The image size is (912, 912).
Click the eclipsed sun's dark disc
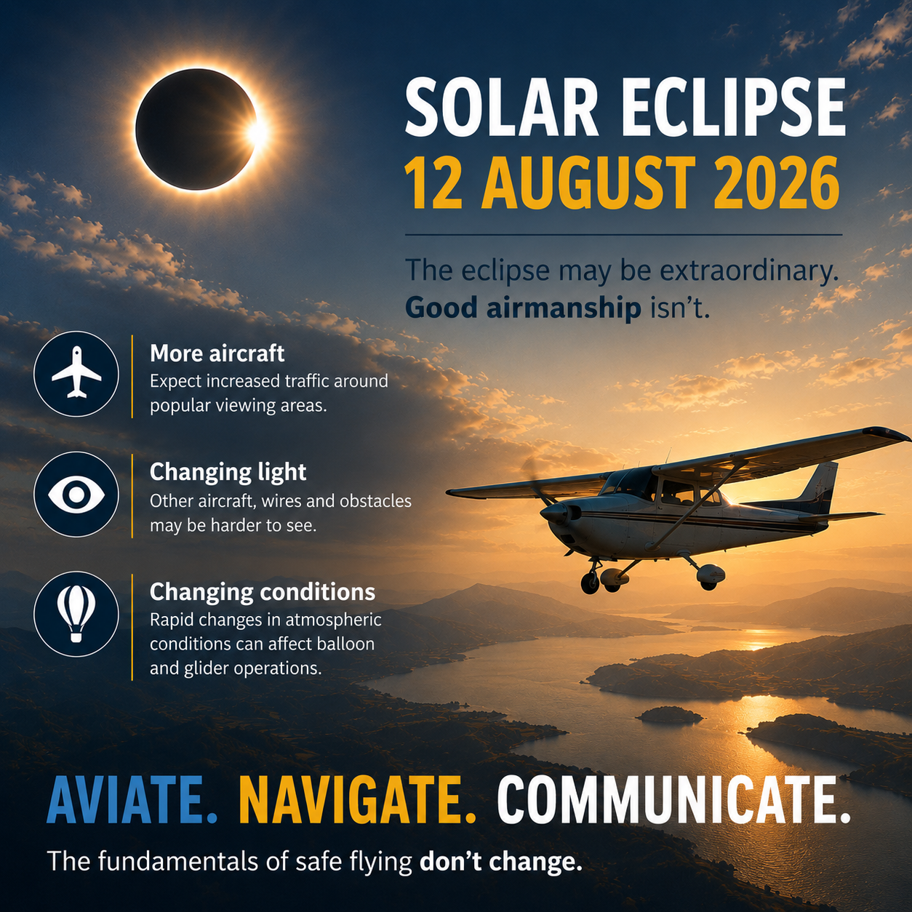point(195,129)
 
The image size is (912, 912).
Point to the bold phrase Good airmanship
point(523,308)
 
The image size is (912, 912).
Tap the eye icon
point(76,495)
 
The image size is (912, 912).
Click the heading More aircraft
point(217,353)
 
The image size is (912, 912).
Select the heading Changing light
point(228,473)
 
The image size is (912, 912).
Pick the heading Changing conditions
point(263,591)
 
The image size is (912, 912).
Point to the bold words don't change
point(500,861)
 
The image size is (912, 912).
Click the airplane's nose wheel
point(590,582)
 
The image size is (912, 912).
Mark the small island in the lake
point(669,715)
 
